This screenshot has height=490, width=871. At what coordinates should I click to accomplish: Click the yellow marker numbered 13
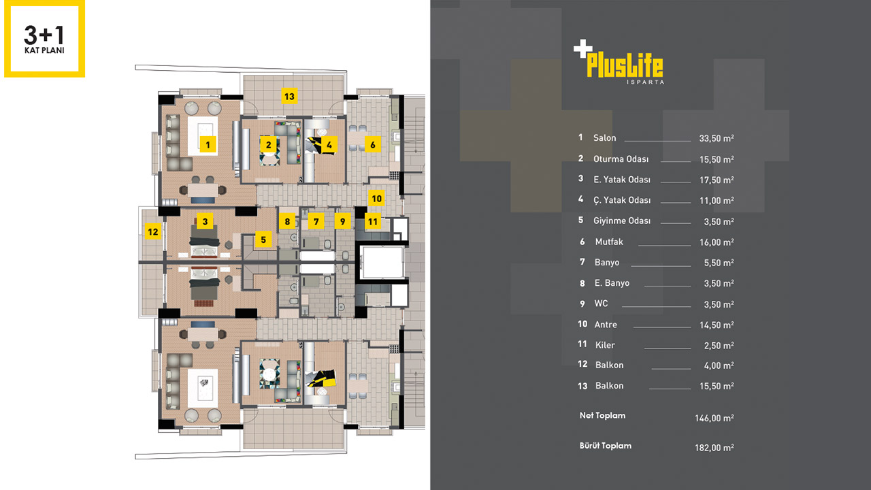pos(289,97)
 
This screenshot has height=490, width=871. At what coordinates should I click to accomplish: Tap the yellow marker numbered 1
pos(208,145)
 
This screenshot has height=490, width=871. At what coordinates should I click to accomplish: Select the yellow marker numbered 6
pos(372,145)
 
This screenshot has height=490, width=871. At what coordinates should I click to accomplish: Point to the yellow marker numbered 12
pos(153,232)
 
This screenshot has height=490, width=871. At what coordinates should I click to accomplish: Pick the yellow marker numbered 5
pos(263,240)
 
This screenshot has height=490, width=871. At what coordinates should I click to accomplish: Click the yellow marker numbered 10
pos(376,199)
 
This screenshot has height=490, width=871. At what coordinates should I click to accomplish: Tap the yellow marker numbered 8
pos(287,221)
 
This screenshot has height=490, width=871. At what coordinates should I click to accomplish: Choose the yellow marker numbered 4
pos(329,145)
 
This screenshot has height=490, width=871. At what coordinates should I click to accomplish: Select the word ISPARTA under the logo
pos(646,82)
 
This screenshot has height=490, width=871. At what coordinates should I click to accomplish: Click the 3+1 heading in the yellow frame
pos(44,35)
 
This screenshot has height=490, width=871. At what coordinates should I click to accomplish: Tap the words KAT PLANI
pos(44,50)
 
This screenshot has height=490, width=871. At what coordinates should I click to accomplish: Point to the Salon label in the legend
pos(605,137)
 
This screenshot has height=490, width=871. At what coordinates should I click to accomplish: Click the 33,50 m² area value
pos(717,138)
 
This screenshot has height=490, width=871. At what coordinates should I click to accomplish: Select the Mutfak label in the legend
pos(609,242)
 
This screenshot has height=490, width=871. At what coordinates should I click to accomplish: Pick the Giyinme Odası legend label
pos(622,220)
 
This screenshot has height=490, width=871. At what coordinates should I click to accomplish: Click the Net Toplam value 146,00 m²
pos(714,418)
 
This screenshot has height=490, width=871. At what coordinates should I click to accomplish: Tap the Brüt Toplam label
pos(606,446)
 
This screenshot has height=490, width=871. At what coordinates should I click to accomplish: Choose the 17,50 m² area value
pos(717,180)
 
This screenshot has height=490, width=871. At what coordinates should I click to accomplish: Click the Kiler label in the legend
pos(605,345)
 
